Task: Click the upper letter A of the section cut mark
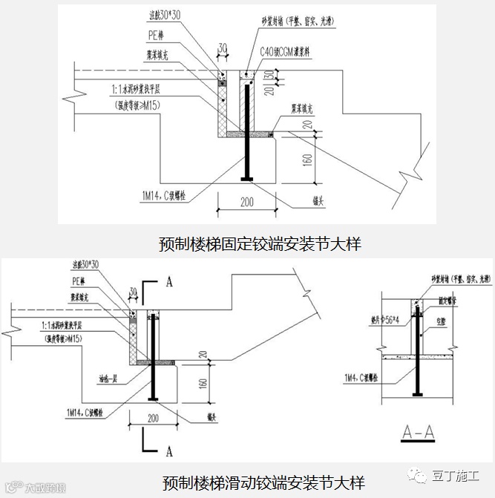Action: click(x=169, y=282)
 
